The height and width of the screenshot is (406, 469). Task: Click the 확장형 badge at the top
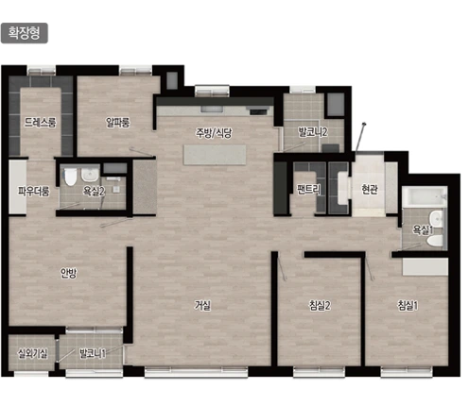(25, 33)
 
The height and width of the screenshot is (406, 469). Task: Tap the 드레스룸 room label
(41, 122)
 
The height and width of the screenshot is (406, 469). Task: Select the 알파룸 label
(118, 122)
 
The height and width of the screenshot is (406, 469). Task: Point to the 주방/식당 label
(214, 132)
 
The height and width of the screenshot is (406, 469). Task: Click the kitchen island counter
(215, 155)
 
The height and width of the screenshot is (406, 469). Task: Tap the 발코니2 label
(313, 132)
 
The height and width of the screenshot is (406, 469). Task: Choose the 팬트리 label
(309, 189)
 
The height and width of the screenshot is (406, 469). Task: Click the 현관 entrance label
(370, 189)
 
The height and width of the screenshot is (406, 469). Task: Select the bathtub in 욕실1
(425, 196)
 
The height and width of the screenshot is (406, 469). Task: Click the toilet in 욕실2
(70, 177)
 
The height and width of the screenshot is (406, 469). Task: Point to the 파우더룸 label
(34, 191)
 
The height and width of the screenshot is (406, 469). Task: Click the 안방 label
(68, 273)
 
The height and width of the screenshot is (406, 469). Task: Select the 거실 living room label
(202, 305)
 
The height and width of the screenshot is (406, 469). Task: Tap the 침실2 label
(320, 305)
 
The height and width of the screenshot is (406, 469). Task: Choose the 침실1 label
(408, 305)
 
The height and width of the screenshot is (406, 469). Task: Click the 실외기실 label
(32, 353)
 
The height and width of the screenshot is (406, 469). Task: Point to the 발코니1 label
(92, 353)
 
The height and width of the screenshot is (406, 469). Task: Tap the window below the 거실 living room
(196, 372)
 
